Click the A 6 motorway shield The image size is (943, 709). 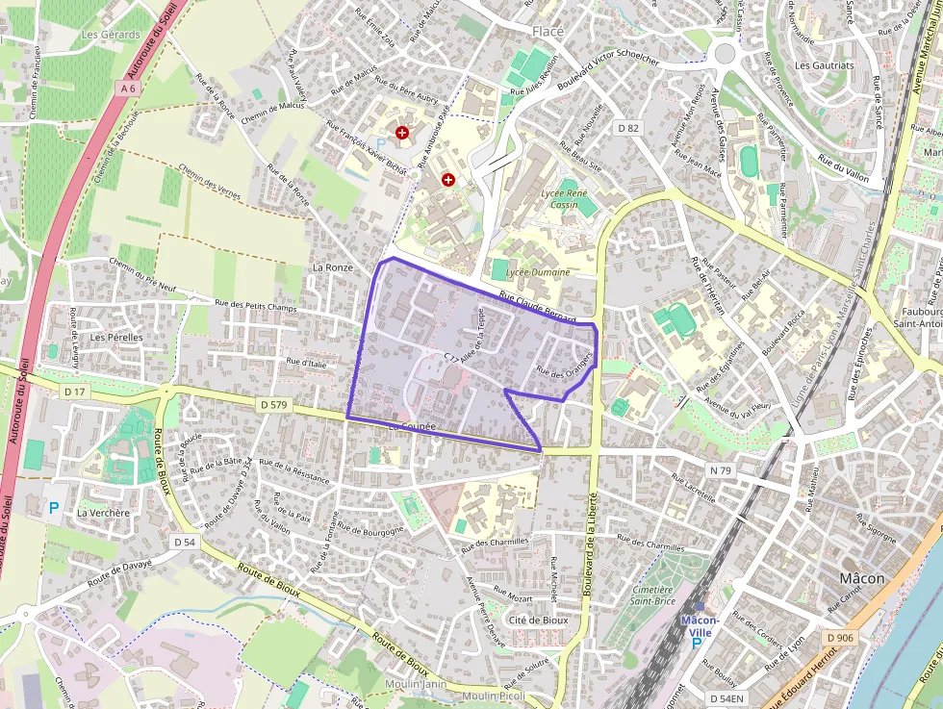pos(129,89)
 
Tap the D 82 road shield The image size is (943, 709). pos(628,127)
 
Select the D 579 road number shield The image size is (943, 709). pos(273,405)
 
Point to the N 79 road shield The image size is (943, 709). pos(721,470)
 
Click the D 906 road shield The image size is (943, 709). pos(839,638)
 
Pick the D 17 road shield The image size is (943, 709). pos(74,392)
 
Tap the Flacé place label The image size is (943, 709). pos(548,31)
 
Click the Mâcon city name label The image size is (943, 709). pos(862,578)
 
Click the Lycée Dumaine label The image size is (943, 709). pos(537,272)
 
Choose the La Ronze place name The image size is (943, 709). pos(333,266)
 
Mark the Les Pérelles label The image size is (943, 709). pos(115,338)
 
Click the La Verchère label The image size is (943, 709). pos(103,513)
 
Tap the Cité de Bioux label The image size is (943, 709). pos(538,620)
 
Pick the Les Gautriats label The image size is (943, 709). pos(825,65)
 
